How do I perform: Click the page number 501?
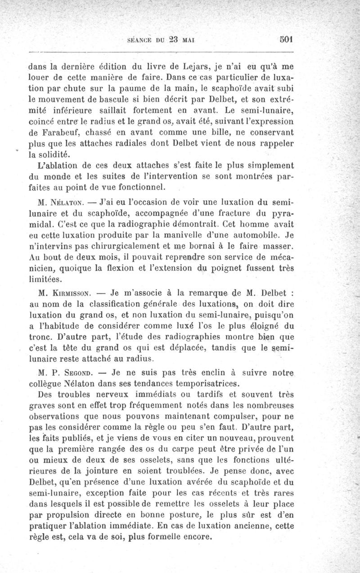tap(285, 39)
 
